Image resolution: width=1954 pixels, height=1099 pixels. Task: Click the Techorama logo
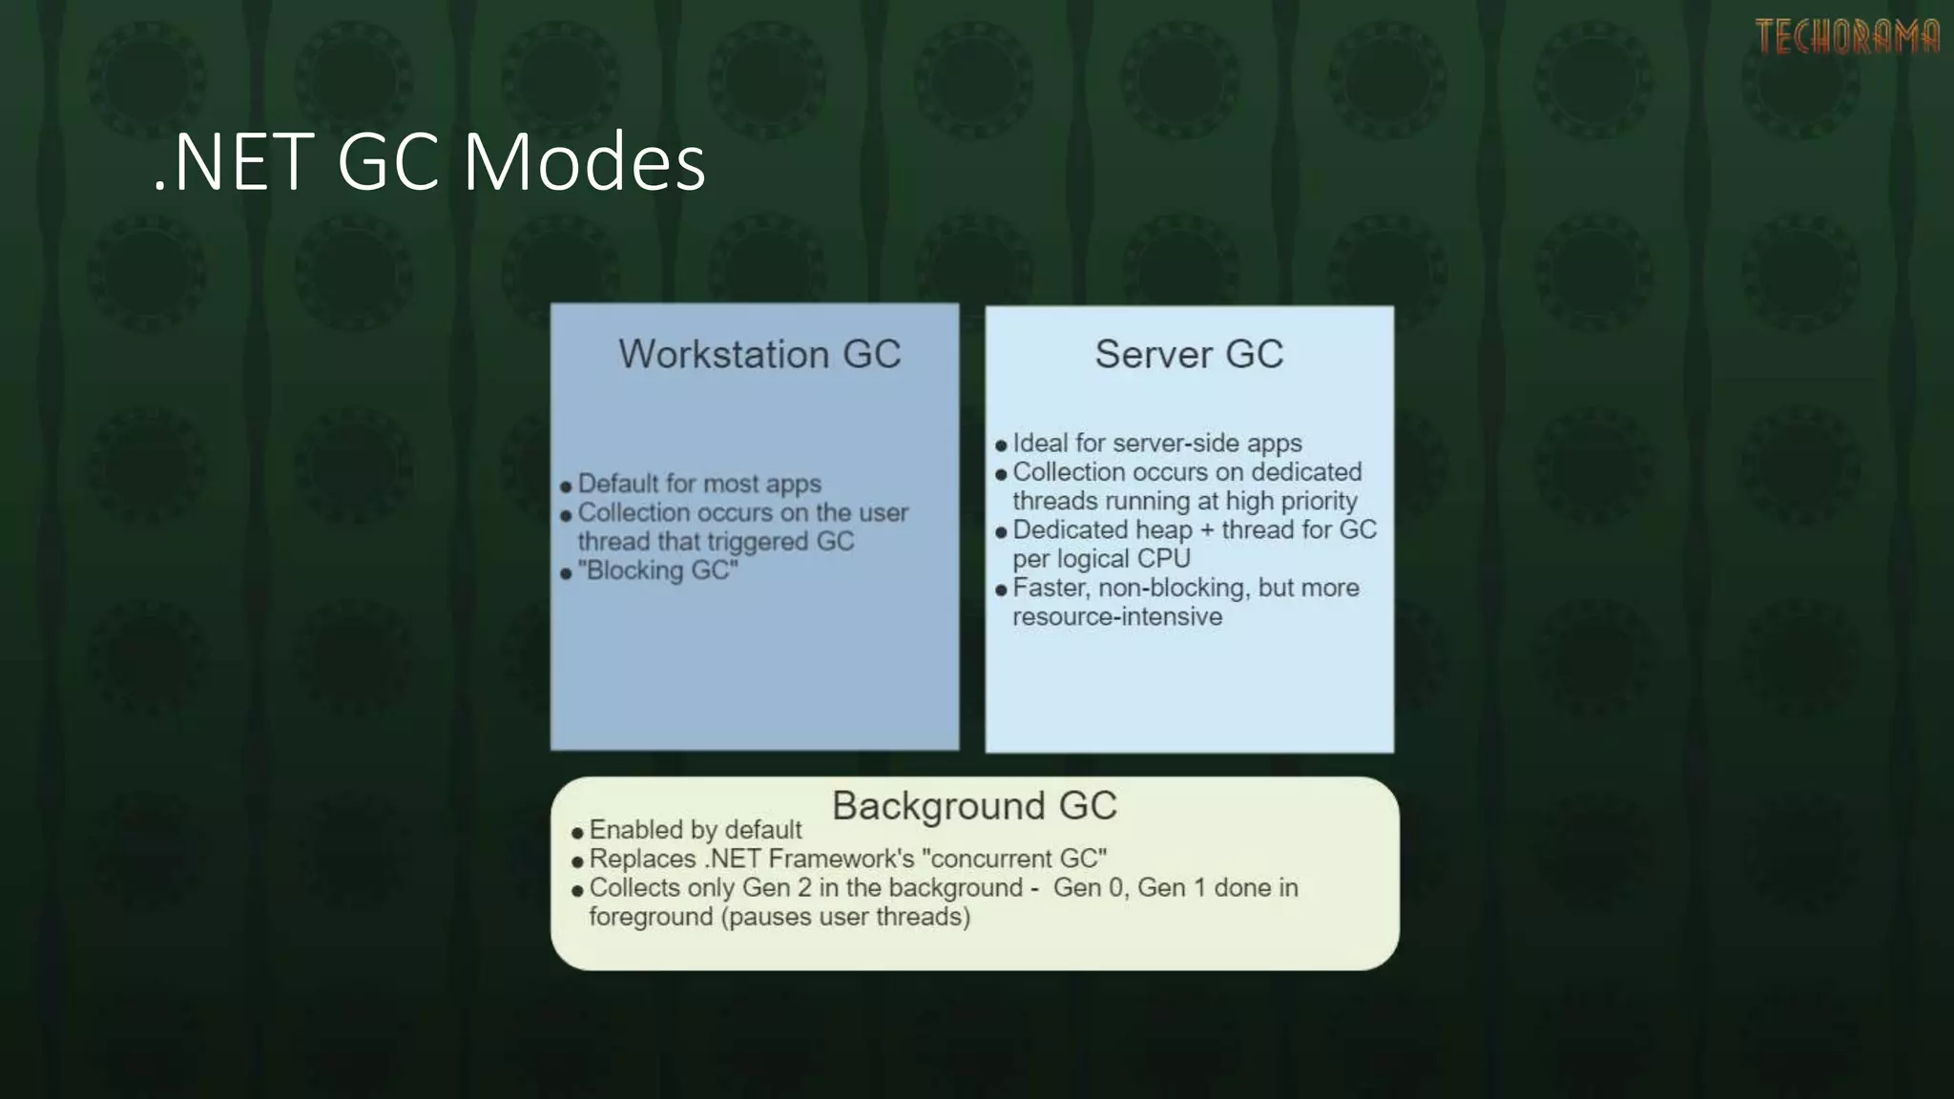click(1847, 37)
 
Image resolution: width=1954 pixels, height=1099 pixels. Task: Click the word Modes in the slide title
click(584, 162)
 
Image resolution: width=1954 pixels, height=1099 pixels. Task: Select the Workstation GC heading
click(759, 354)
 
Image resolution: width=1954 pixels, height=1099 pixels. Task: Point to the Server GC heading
click(1189, 354)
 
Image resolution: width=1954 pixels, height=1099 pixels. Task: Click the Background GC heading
click(974, 806)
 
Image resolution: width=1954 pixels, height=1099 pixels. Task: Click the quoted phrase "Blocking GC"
click(658, 570)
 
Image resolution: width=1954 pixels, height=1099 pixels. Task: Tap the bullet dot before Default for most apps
click(566, 487)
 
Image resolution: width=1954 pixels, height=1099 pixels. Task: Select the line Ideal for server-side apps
click(1156, 444)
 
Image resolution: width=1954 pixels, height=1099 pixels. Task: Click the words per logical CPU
click(1101, 559)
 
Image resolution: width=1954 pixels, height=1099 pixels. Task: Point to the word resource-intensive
click(1117, 617)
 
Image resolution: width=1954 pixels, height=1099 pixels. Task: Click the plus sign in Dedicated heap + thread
click(1207, 530)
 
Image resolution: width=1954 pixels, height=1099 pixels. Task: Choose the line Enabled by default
click(696, 830)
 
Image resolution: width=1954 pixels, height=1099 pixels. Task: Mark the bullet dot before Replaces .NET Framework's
click(577, 861)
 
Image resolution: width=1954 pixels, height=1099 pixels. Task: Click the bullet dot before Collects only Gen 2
click(577, 891)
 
